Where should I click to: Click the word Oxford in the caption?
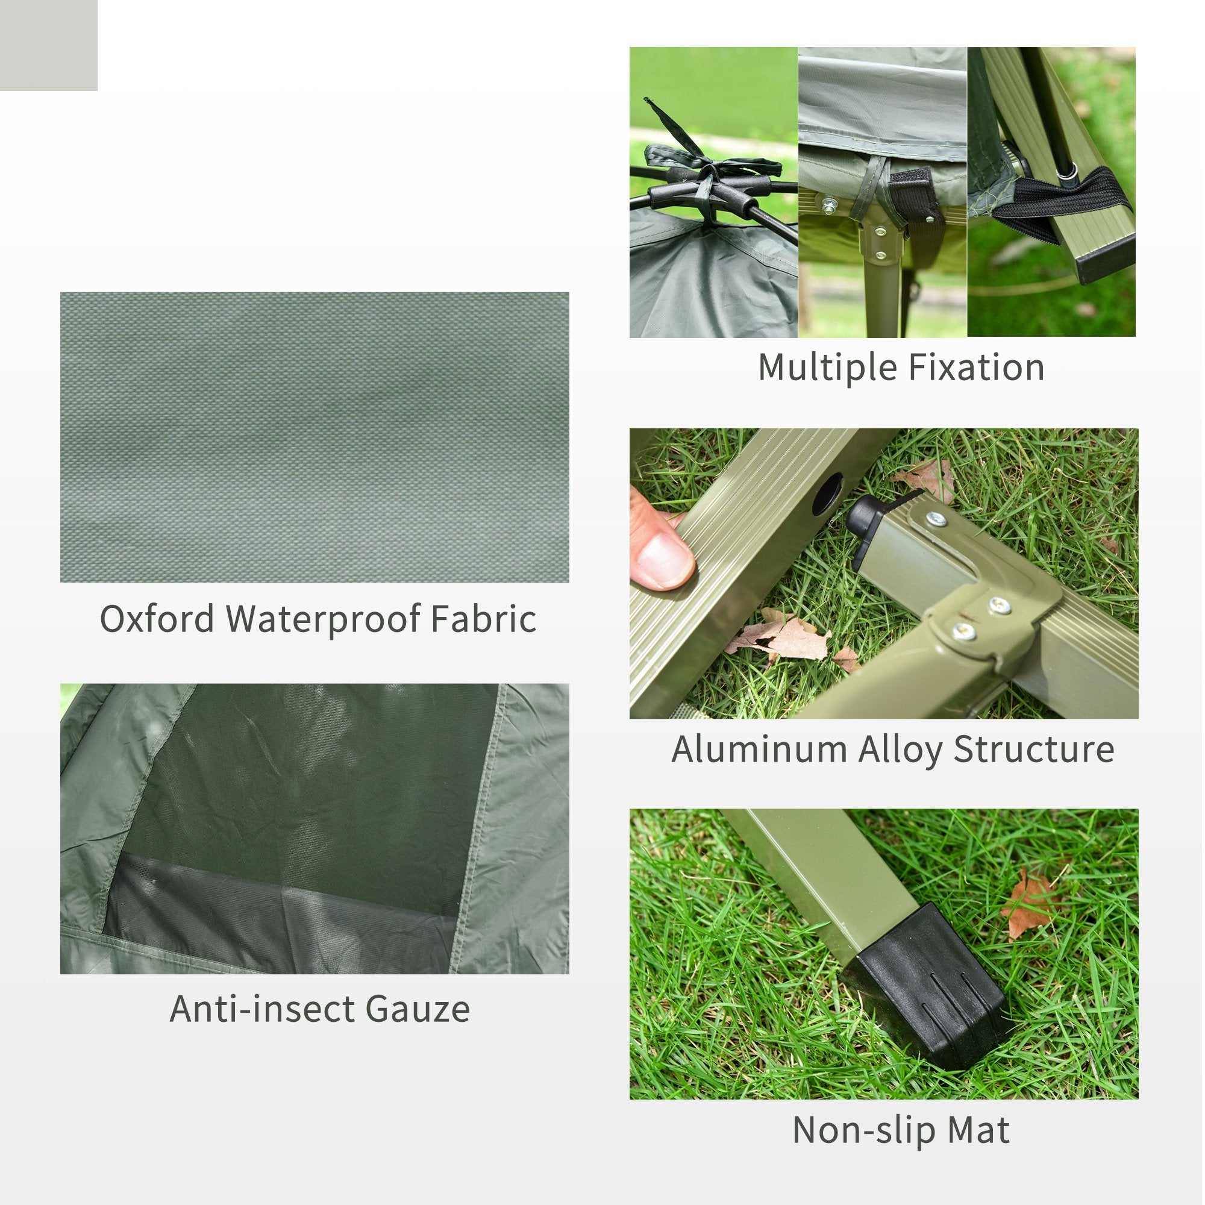click(157, 619)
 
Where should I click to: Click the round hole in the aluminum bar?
click(829, 492)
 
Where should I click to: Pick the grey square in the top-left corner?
click(48, 45)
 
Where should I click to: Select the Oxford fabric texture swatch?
click(315, 437)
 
